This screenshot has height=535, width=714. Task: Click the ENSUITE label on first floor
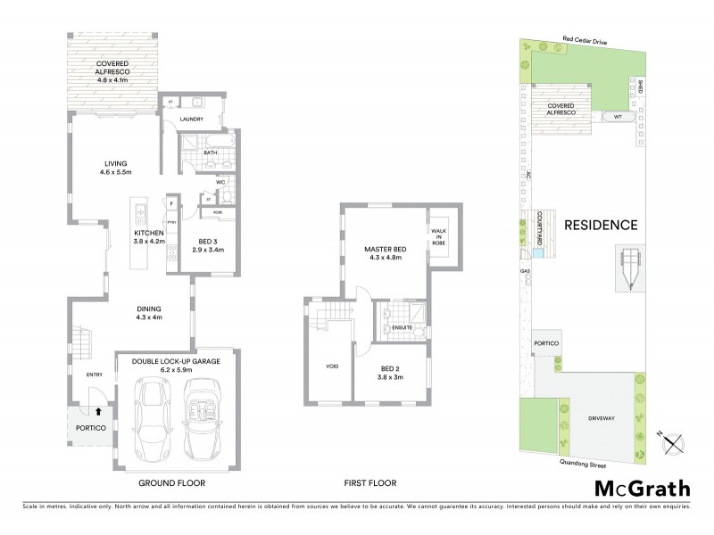pos(403,328)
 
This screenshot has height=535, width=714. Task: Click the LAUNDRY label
pos(192,119)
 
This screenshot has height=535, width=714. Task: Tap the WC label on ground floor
pos(220,184)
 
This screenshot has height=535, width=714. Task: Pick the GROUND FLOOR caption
pos(171,482)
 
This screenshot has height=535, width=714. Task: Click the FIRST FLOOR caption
pos(370,482)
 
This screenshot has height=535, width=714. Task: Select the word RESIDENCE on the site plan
pos(602,225)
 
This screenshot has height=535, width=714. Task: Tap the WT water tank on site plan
pos(617,116)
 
